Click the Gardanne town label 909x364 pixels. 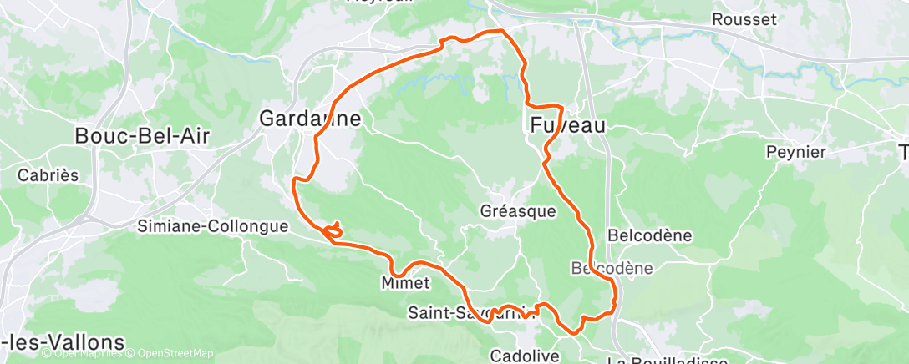pos(310,119)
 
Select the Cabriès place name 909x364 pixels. pos(48,175)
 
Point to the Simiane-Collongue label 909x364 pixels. pos(213,225)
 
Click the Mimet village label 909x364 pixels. pos(405,283)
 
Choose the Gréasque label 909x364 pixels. pos(518,211)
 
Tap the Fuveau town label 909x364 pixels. pos(568,125)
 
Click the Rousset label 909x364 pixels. pos(744,18)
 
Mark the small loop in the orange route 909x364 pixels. pos(333,230)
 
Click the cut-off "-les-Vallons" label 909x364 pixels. pos(63,342)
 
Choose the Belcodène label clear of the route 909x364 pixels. pos(650,235)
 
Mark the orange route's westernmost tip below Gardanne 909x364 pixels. pos(292,180)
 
